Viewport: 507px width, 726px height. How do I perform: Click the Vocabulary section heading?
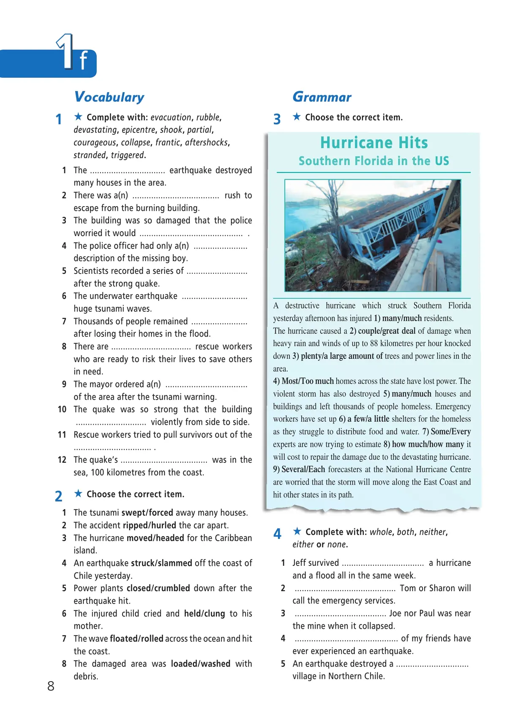pos(109,97)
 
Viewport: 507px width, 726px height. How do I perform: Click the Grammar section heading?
pos(322,97)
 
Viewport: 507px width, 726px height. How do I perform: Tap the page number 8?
pos(51,686)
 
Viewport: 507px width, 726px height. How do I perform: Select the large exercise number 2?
pos(59,496)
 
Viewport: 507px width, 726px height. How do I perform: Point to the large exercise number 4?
pos(277,534)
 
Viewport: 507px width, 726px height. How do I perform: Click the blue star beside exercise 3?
pos(297,117)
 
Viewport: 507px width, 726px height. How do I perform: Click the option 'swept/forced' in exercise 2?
pos(147,513)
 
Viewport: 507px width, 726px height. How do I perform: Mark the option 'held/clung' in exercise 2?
pos(204,614)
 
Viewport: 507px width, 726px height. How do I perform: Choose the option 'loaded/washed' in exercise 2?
pos(201,664)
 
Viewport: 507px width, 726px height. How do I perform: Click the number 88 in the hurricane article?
pos(374,344)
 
